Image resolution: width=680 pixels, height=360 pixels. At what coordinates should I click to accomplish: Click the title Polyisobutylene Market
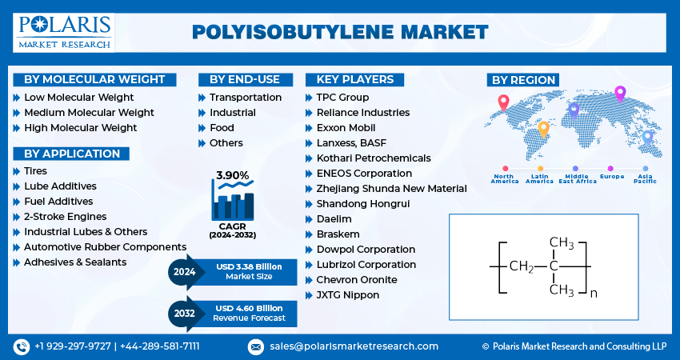coord(340,32)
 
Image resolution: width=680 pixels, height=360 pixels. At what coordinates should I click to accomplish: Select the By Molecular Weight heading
coord(94,79)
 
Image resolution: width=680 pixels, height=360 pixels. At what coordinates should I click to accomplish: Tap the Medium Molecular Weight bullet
coord(89,113)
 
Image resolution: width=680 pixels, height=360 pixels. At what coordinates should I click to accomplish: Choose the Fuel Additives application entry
coord(58,202)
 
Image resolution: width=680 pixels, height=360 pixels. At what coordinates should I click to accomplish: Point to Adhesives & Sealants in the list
coord(74,262)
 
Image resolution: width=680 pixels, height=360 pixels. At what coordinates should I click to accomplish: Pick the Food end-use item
coord(222,128)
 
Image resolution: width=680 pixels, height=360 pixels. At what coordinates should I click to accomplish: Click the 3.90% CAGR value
coord(232,175)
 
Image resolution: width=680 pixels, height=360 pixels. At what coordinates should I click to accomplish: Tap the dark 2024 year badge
coord(184,271)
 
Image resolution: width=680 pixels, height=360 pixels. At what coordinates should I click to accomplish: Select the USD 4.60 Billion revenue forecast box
coord(249,313)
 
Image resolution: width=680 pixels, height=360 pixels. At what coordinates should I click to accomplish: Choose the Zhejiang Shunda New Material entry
coord(392,189)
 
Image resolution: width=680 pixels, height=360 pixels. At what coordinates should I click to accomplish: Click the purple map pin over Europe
coord(619,93)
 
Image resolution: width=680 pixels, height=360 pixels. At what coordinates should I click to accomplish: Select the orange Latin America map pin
coord(543,128)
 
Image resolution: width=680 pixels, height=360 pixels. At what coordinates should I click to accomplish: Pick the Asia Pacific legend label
coord(645,178)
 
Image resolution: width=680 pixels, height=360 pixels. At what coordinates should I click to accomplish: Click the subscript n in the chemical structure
coord(593,294)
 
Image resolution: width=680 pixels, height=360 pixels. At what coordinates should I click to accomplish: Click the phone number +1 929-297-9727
coord(72,346)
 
